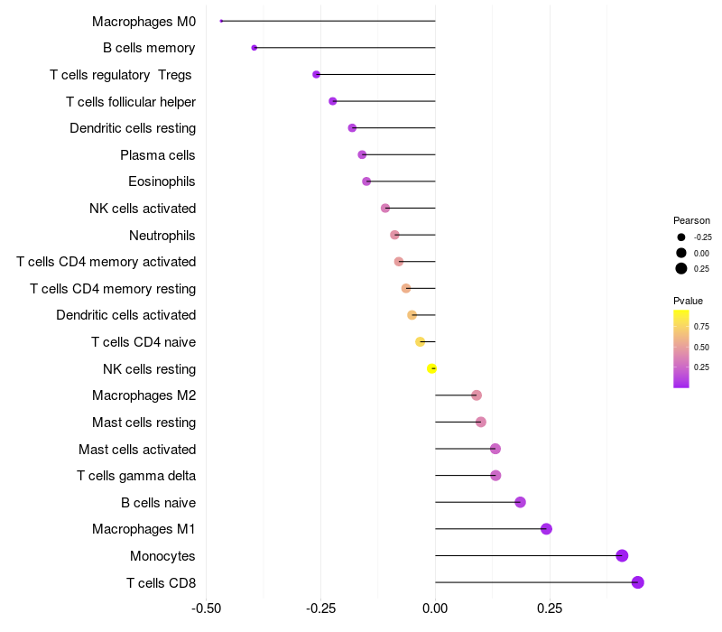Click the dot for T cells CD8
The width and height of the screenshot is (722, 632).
638,582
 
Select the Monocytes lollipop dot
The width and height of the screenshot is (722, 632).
622,555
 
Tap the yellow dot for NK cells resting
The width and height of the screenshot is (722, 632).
432,368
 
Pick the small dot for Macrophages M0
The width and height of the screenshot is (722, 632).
221,21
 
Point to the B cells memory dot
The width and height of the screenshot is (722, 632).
255,48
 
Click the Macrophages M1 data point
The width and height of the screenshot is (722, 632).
546,529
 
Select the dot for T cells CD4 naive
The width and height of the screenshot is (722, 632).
420,341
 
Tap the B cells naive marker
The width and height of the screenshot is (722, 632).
520,502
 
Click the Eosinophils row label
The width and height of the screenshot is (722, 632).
162,181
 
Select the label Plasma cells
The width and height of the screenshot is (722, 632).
158,155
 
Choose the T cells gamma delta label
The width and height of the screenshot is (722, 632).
136,476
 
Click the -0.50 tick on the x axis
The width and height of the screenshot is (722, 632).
207,609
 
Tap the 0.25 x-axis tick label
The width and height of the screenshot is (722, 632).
550,609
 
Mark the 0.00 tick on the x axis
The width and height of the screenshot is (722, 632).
435,609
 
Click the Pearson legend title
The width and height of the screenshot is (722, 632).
691,220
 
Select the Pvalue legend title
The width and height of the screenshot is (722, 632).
688,301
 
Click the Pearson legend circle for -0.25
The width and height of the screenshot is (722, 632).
680,237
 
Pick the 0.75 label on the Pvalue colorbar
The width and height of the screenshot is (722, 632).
701,326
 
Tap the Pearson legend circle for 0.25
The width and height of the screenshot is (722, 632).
680,268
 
